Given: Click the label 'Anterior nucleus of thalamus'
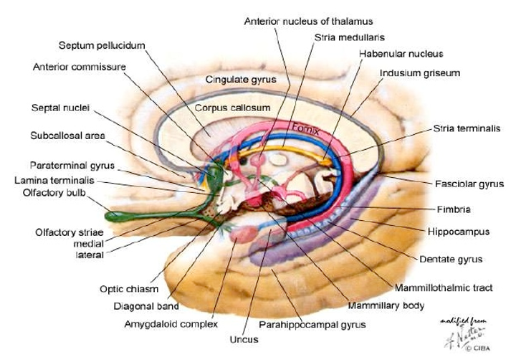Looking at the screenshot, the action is point(308,22).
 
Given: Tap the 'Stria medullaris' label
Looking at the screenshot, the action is point(350,37).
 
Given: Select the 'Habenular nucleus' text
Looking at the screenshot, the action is point(401,54).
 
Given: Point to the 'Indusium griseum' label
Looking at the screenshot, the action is point(419,73).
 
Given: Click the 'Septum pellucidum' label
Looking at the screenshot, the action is point(102,45).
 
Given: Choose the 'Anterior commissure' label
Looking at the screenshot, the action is point(80,67).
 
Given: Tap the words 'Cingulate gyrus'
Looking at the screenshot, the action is point(241,80).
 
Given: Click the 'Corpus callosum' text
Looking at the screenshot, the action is point(232,108).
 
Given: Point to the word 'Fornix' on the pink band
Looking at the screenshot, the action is point(306,129).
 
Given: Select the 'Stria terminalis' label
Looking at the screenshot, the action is point(467,128).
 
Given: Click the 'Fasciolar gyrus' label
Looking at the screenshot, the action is point(469,184).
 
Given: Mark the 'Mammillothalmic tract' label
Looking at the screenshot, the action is point(444,288).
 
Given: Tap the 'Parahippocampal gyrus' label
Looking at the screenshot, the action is point(312,325).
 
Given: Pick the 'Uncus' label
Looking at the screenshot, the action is point(244,339).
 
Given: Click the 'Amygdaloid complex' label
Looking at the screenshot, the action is point(171,324).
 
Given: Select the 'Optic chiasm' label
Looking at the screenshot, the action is point(129,289).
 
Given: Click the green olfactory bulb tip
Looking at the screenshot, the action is point(110,217).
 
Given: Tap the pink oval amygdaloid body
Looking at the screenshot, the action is point(244,235).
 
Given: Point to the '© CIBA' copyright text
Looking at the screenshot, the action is point(478,348).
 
